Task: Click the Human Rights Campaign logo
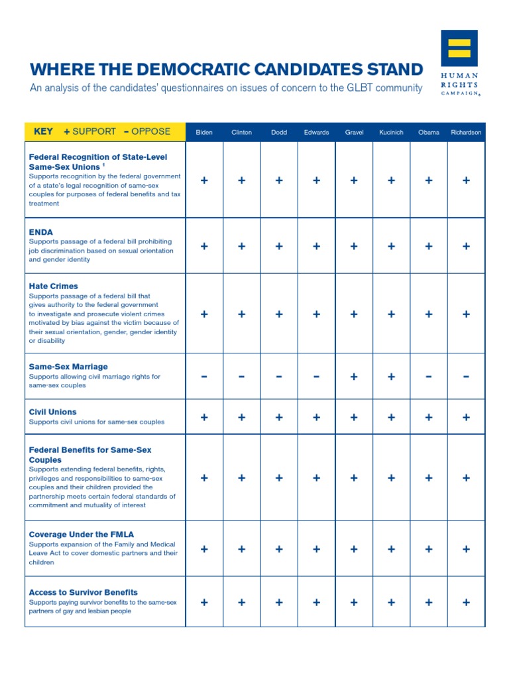click(x=459, y=64)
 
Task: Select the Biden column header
click(x=204, y=132)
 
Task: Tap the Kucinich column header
click(x=391, y=132)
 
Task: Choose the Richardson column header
click(x=466, y=132)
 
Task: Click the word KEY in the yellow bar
click(x=44, y=131)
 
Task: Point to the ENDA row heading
click(x=41, y=232)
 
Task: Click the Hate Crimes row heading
click(x=54, y=286)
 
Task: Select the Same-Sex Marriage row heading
click(x=68, y=367)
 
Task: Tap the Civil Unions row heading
click(x=53, y=412)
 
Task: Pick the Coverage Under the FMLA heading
click(x=78, y=534)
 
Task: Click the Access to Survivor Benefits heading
click(x=84, y=592)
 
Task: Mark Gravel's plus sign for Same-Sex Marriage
click(x=354, y=377)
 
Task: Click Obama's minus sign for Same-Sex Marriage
click(x=429, y=377)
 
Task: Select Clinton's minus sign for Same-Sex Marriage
click(x=241, y=377)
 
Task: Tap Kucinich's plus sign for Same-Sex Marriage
click(x=391, y=377)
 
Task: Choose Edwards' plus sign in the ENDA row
click(x=316, y=246)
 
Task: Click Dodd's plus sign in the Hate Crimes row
click(x=279, y=314)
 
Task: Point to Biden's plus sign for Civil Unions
click(x=204, y=417)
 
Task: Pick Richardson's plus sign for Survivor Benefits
click(x=466, y=602)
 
